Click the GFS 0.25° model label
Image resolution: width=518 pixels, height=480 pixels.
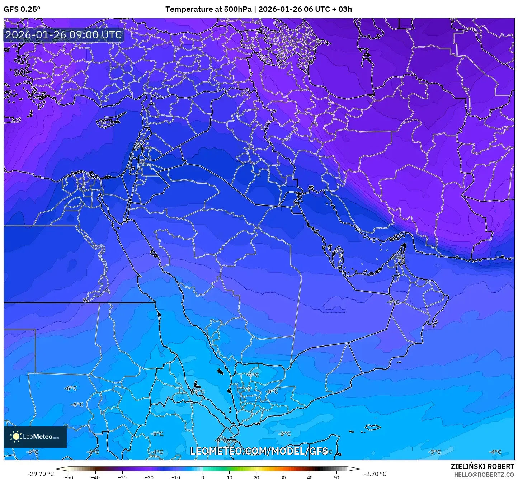click(22, 9)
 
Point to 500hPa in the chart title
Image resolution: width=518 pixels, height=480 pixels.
click(238, 9)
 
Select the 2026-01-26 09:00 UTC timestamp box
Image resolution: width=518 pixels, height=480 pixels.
click(63, 35)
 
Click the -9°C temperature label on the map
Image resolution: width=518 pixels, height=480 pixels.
click(393, 302)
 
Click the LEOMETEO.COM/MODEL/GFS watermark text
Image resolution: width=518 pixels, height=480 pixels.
click(259, 451)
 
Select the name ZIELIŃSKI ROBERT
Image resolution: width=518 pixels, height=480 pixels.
click(482, 466)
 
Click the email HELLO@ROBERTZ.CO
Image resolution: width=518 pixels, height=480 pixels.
click(484, 475)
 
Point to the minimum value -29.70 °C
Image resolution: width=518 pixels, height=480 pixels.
click(41, 474)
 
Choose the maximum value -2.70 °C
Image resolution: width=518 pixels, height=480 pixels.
click(375, 474)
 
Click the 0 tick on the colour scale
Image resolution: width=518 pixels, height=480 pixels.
click(203, 477)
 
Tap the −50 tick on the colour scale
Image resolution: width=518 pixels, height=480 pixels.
click(69, 477)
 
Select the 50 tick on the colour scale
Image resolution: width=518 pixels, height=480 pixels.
click(336, 477)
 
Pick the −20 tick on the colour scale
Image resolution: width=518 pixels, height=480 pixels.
click(149, 477)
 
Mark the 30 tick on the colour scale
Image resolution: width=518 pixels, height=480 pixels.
click(283, 477)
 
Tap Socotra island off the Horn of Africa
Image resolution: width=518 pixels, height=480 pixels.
click(373, 427)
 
